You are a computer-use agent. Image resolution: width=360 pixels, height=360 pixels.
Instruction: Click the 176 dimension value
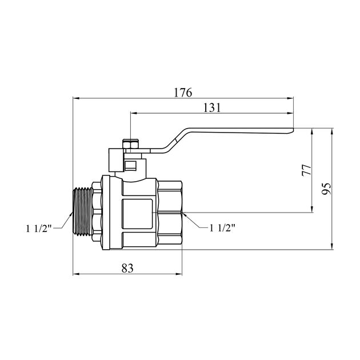(183, 93)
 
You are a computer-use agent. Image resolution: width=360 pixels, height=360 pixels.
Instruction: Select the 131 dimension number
(212, 107)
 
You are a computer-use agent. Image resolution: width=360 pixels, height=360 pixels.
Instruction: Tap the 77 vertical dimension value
(307, 170)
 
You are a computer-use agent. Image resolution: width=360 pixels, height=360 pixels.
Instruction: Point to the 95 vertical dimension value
(326, 189)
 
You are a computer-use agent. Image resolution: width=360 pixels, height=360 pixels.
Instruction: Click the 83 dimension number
(127, 267)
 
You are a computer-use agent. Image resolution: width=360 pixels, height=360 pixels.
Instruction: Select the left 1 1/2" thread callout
(39, 229)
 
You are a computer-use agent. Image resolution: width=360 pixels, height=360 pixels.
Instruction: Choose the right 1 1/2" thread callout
(222, 228)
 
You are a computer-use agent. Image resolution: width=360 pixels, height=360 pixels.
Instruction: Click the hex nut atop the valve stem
(131, 144)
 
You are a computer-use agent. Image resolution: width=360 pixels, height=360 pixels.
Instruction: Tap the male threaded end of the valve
(83, 211)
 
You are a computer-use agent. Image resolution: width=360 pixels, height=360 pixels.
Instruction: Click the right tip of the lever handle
(293, 130)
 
